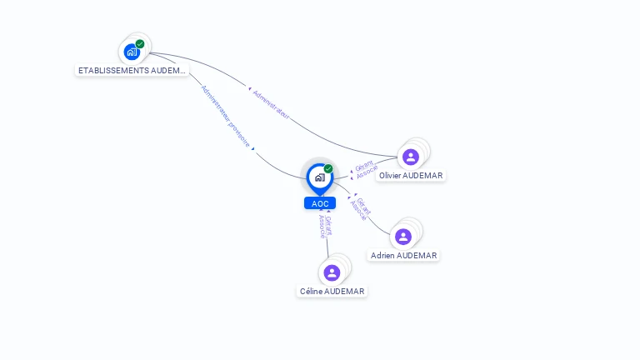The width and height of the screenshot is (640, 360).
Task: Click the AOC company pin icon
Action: point(319,177)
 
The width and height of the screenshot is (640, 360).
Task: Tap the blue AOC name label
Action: point(320,203)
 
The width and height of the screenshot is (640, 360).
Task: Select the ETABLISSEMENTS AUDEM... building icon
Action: point(132,52)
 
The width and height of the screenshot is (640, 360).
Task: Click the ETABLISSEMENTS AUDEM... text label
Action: point(132,71)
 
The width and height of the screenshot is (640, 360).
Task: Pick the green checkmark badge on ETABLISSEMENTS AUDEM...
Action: point(140,44)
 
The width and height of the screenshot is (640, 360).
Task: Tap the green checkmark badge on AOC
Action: point(328,169)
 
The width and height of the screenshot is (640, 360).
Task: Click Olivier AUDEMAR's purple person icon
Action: point(410,157)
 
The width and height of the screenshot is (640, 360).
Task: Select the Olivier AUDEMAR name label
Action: point(411,176)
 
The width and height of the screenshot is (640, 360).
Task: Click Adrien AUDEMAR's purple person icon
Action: point(403,237)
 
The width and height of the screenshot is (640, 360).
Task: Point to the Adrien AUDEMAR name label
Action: point(404,256)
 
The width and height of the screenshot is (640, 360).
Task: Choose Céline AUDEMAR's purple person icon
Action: point(332,272)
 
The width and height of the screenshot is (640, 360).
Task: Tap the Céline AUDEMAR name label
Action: point(332,292)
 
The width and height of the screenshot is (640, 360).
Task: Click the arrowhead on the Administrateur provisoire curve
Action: point(253,148)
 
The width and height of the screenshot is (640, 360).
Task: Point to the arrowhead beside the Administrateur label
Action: point(247,87)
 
